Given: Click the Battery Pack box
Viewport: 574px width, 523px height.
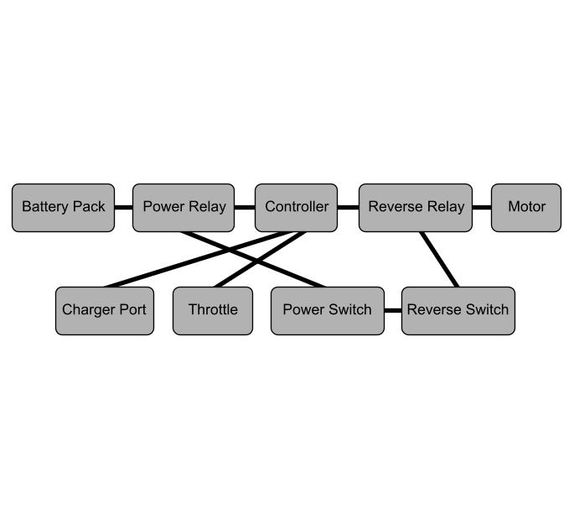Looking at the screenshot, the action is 64,208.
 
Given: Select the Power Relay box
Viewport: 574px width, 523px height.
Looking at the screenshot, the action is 184,208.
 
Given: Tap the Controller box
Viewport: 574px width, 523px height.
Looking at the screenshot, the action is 296,208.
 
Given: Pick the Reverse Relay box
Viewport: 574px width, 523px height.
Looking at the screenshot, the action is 416,208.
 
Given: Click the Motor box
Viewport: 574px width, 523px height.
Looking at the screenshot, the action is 526,208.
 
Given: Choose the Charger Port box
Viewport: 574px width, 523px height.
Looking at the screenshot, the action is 105,311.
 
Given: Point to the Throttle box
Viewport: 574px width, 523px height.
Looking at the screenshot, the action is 213,311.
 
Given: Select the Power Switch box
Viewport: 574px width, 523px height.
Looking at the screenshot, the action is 328,311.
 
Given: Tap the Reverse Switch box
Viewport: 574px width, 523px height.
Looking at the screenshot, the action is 458,311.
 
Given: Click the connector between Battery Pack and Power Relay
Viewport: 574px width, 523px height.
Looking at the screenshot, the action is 124,208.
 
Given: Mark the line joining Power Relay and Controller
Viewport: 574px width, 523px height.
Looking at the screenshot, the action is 245,208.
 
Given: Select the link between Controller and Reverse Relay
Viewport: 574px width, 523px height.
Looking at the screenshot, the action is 348,208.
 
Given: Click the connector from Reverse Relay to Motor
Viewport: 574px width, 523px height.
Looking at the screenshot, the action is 482,208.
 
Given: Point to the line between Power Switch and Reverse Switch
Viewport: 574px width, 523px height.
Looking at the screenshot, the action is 393,311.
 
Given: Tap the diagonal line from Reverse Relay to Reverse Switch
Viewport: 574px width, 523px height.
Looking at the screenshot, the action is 439,259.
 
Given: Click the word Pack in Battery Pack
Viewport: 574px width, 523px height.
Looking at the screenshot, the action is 89,206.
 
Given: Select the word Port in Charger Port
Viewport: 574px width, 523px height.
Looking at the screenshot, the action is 133,310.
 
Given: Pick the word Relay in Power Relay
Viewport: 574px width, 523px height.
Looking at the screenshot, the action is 207,207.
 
